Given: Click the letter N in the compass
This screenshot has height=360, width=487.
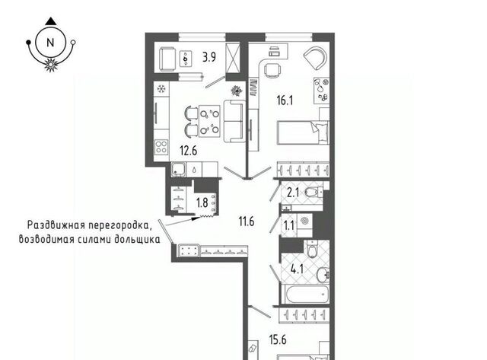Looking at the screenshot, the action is tap(50, 43).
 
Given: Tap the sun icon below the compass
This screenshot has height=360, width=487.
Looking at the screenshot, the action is tap(51, 65).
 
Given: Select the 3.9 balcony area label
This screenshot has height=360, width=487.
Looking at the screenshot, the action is tap(209, 58).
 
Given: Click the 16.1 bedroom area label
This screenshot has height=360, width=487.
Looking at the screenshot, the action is tap(285, 100).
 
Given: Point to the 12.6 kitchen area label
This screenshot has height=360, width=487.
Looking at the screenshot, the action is tap(189, 151).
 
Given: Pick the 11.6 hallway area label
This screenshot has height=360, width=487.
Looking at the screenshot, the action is tap(247, 221).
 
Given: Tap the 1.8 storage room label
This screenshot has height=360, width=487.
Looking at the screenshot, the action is tap(202, 202).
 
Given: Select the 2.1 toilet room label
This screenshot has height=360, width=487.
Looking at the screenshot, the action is tap(293, 193).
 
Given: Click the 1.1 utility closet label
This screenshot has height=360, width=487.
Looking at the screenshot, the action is tap(289, 225).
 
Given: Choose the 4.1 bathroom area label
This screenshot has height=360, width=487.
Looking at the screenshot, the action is tap(297, 269).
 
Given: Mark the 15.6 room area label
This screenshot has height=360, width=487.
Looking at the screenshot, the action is tap(278, 339).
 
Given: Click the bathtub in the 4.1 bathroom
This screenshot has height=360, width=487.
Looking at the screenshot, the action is tap(307, 294).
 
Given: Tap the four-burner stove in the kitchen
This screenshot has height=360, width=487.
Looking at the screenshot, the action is tap(161, 147).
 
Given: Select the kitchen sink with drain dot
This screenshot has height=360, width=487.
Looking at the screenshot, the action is tap(178, 170).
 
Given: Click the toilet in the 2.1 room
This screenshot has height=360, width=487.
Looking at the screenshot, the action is tap(314, 193).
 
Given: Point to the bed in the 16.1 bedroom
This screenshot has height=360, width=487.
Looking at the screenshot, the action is tap(303, 132).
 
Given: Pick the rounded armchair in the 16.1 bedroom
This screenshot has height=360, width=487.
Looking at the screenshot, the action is tap(315, 59).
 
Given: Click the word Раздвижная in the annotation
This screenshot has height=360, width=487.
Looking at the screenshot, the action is tap(56, 225).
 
